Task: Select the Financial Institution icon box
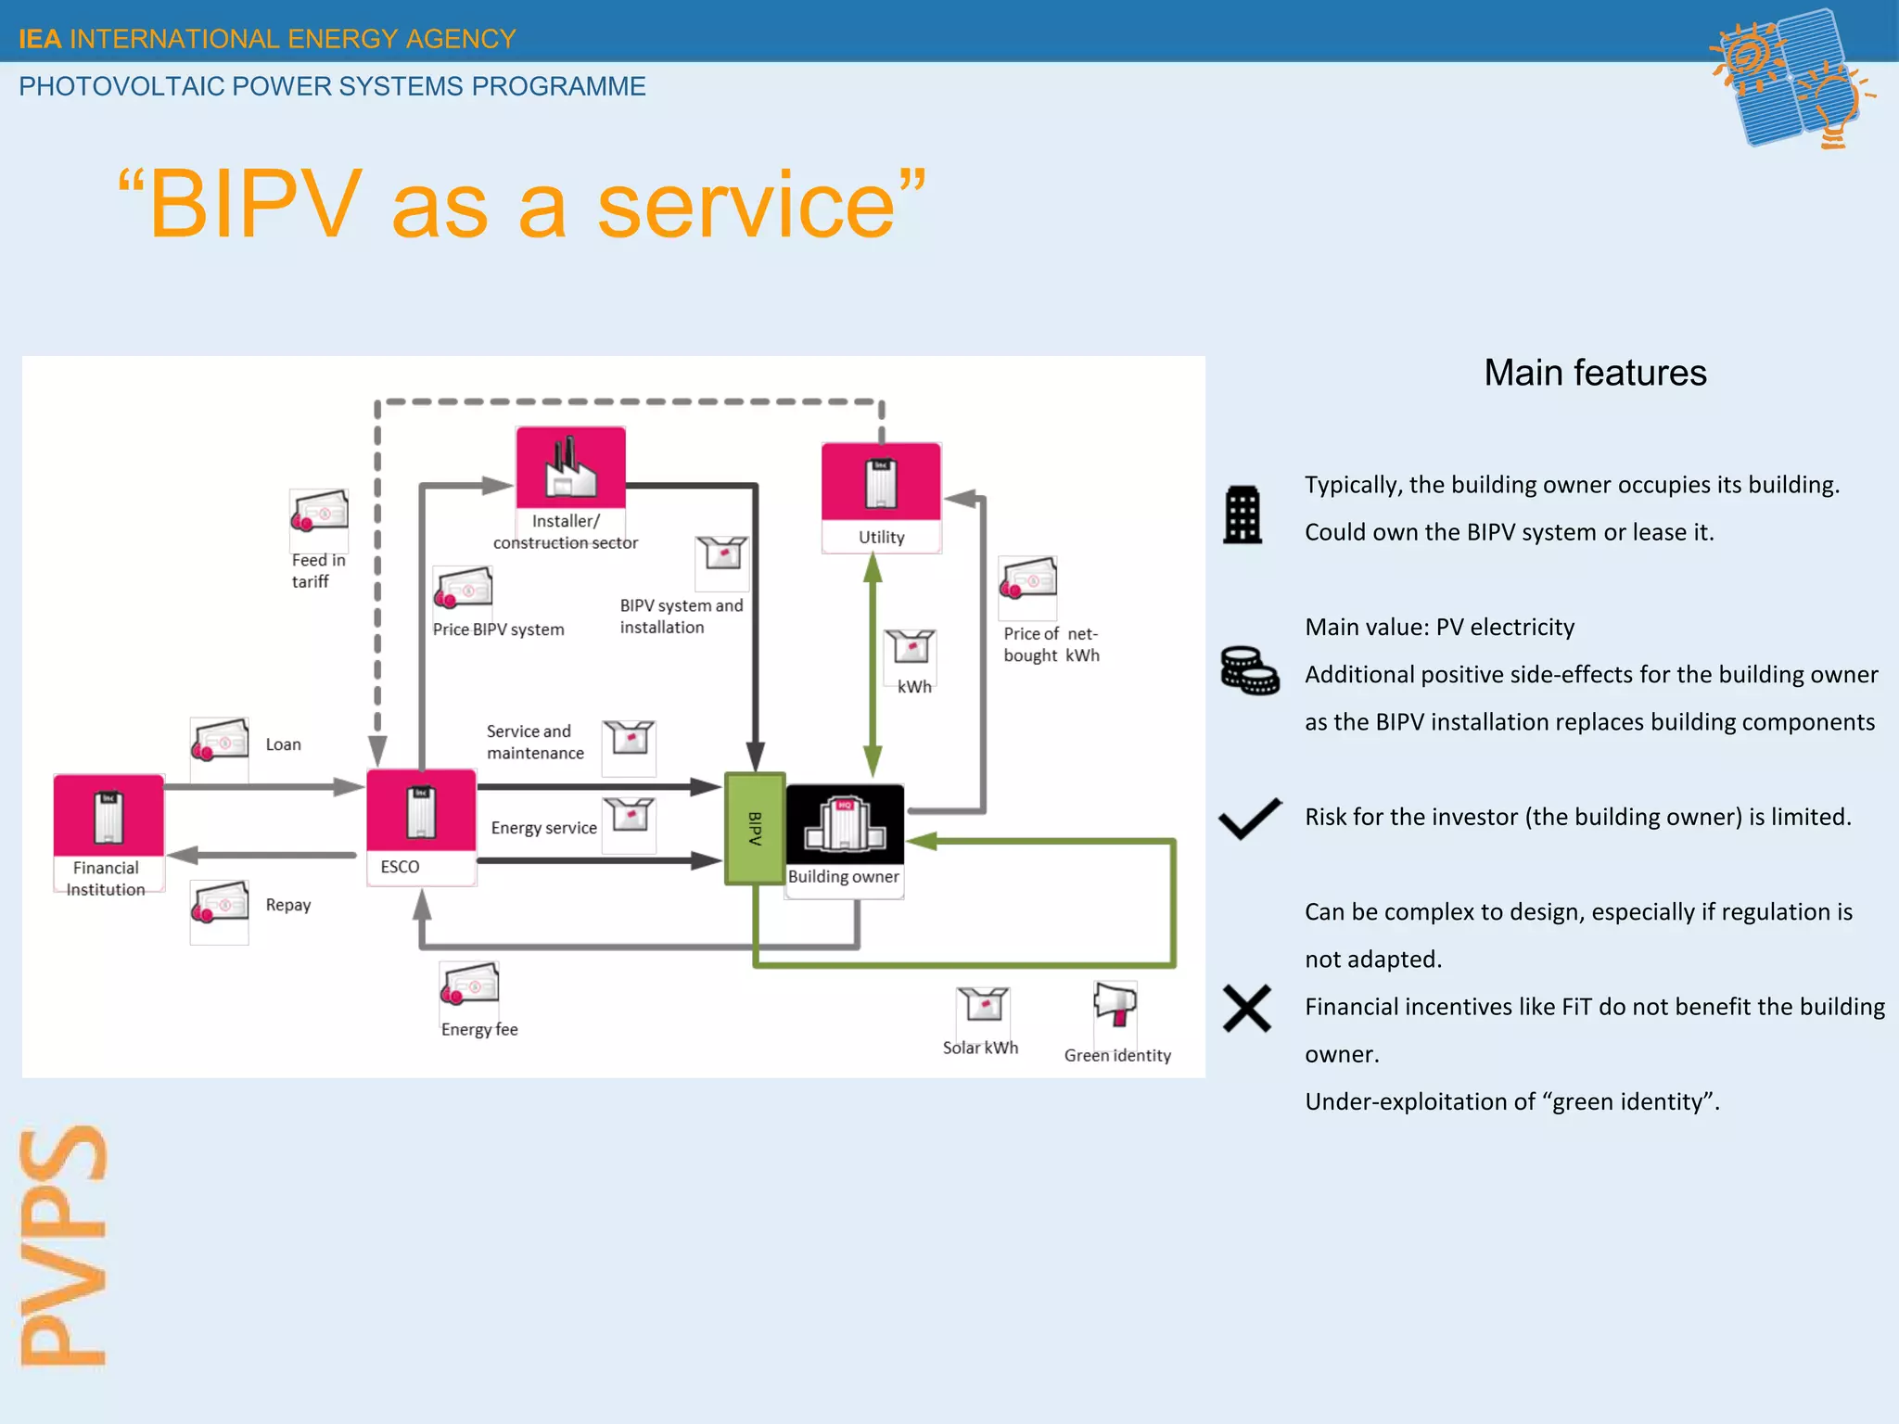[108, 816]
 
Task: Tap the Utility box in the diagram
[881, 482]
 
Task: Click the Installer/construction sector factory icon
[570, 467]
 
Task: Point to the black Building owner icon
[845, 824]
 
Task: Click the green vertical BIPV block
[755, 828]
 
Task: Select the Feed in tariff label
[317, 570]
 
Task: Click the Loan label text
[283, 744]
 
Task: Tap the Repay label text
[287, 905]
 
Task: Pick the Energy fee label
[478, 1029]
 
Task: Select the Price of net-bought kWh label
[1051, 644]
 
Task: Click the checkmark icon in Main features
[1249, 819]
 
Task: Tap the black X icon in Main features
[1246, 1009]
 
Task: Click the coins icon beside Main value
[1249, 670]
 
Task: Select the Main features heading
[1594, 373]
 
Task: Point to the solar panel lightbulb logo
[1790, 79]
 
